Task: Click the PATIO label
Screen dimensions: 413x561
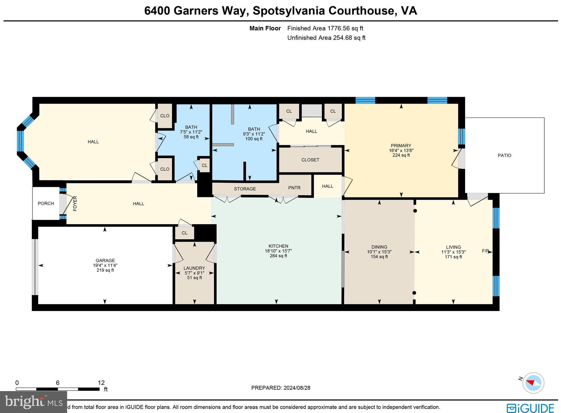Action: point(504,155)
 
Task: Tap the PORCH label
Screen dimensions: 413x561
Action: point(46,203)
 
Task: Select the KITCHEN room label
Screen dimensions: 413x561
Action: point(278,246)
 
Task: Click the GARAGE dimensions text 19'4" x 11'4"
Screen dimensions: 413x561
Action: point(105,265)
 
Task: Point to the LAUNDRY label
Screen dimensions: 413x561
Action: point(194,268)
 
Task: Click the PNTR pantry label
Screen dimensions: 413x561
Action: point(294,188)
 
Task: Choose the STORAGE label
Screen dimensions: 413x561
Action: point(245,189)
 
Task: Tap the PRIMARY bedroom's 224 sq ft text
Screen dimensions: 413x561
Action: point(401,155)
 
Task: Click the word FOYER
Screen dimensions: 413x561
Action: point(75,203)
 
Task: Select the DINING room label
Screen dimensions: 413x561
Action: point(379,247)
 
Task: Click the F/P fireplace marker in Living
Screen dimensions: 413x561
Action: point(485,251)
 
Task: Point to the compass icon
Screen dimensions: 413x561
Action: point(533,383)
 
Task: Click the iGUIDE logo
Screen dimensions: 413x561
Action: point(530,408)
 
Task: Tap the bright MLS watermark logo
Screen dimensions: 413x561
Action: point(33,402)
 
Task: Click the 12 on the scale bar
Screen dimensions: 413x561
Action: point(101,383)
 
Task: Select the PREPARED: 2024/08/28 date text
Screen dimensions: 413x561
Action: point(280,388)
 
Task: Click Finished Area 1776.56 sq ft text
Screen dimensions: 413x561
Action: point(325,28)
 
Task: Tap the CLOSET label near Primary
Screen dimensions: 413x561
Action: point(310,160)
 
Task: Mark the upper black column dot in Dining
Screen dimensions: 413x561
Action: point(415,211)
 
